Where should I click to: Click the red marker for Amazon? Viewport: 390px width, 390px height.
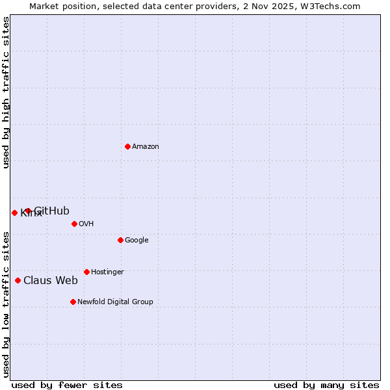[127, 146]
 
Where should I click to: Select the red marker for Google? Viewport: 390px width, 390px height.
[120, 240]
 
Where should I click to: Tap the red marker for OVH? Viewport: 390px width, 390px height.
[74, 224]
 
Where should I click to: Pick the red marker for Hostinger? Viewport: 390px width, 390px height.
[86, 272]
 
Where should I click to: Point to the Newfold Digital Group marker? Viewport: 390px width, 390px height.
[73, 302]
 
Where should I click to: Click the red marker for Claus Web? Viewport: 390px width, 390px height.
[18, 280]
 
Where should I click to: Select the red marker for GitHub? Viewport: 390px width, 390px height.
[27, 211]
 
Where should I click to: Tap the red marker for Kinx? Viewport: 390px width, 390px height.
[14, 213]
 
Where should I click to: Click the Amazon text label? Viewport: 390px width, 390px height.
[146, 147]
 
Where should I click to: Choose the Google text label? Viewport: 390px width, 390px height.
[136, 240]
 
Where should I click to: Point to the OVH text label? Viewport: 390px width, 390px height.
[86, 224]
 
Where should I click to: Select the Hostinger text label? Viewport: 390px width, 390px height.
[107, 272]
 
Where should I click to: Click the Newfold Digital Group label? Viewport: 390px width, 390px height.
[115, 302]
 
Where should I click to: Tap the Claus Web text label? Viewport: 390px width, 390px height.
[51, 281]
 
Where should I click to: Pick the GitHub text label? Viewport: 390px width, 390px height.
[52, 211]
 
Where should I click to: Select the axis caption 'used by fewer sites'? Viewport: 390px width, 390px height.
[67, 385]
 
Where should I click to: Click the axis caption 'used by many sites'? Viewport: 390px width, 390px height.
[326, 385]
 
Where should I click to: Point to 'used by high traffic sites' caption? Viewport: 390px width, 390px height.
[6, 92]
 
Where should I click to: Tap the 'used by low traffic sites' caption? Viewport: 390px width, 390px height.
[6, 304]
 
